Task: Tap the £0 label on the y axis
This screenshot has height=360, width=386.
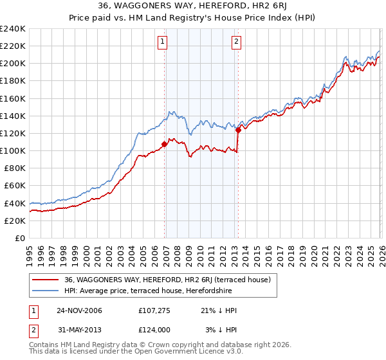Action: pyautogui.click(x=20, y=238)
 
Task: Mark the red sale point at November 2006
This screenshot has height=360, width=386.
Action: pyautogui.click(x=165, y=144)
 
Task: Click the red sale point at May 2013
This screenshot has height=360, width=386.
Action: pyautogui.click(x=238, y=130)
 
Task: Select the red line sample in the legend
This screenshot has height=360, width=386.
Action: pyautogui.click(x=46, y=280)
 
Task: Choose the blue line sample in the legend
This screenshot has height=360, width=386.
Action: pyautogui.click(x=46, y=291)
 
